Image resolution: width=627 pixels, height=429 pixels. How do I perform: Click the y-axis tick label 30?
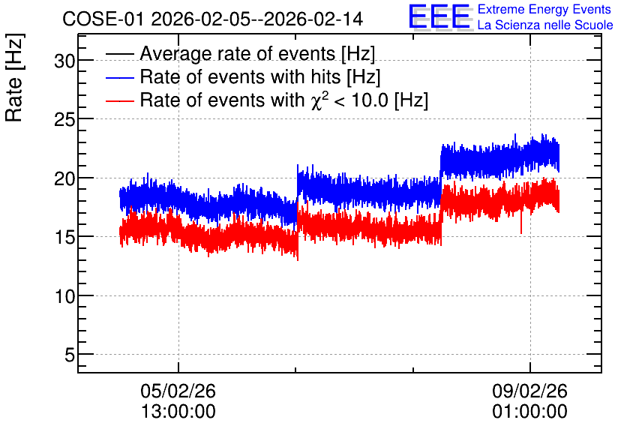pos(64,61)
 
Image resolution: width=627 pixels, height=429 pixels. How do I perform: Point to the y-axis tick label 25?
pos(64,119)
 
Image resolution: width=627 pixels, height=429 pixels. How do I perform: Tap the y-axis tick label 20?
pos(64,178)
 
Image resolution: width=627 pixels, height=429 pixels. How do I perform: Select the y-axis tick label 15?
pos(64,238)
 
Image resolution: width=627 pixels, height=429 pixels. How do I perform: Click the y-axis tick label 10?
pos(64,296)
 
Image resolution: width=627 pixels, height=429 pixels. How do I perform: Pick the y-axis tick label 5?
pos(70,355)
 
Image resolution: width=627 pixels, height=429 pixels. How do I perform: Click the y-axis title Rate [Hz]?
pos(14,77)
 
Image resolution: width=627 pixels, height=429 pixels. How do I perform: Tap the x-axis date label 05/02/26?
pos(178,391)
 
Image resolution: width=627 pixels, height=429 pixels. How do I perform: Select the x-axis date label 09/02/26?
pos(529,391)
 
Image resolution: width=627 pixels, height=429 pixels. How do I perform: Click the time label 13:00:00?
pos(178,412)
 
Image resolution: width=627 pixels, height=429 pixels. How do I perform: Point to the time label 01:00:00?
pos(529,412)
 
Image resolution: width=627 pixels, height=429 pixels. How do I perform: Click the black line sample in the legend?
pos(119,54)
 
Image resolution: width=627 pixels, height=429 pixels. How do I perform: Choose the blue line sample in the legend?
pos(119,77)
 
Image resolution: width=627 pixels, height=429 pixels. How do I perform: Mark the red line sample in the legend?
pos(119,100)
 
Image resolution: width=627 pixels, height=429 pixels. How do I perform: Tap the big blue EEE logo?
pos(439,16)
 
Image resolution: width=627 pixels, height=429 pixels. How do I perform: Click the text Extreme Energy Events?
pos(544,9)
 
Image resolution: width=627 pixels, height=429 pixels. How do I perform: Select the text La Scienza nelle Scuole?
pos(545,25)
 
